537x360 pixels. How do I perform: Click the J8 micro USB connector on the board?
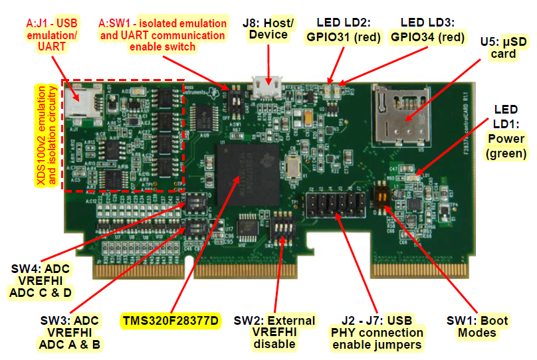pos(267,86)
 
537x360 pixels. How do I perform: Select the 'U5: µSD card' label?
pos(503,47)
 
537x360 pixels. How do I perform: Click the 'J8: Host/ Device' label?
pos(269,29)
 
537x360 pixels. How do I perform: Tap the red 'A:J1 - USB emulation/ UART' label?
pos(53,34)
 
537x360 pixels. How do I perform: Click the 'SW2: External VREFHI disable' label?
pos(275,332)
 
